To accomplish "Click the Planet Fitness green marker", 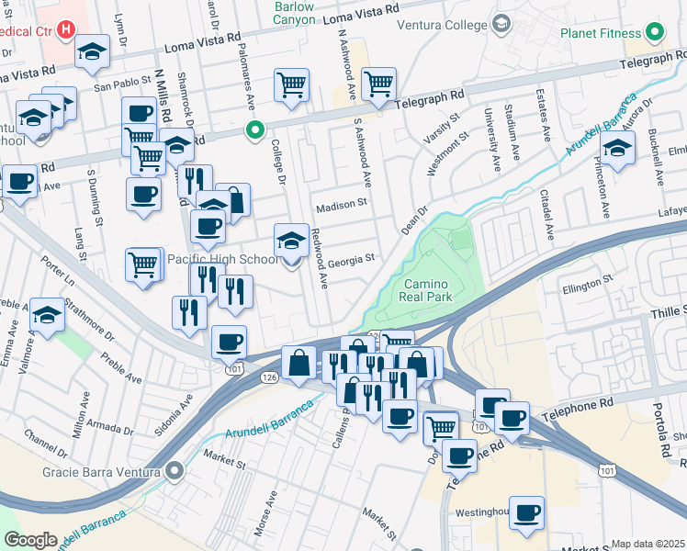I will (x=654, y=34).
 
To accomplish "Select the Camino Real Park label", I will (x=428, y=290).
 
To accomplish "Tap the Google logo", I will (x=30, y=540).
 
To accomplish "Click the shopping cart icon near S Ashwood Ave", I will (x=377, y=84).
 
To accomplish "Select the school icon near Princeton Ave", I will (x=617, y=147).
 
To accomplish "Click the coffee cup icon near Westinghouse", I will (x=526, y=512).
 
